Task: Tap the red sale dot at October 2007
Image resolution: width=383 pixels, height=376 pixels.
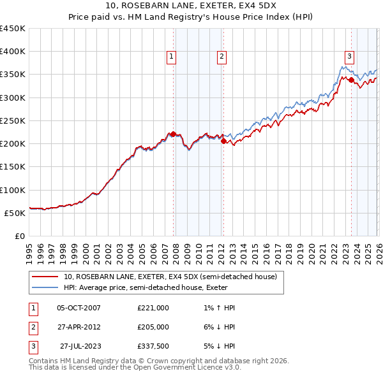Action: (x=173, y=134)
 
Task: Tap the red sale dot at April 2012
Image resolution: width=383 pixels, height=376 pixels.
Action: (x=223, y=141)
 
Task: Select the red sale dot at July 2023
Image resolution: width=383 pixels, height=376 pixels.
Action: (x=351, y=80)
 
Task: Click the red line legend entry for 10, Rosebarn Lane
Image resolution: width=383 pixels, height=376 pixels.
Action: (x=170, y=277)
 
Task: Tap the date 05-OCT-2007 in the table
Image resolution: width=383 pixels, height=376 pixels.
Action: (x=79, y=308)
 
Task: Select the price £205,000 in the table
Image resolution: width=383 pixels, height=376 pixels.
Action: (x=153, y=327)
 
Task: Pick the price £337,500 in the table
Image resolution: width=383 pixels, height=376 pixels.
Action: (x=153, y=346)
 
